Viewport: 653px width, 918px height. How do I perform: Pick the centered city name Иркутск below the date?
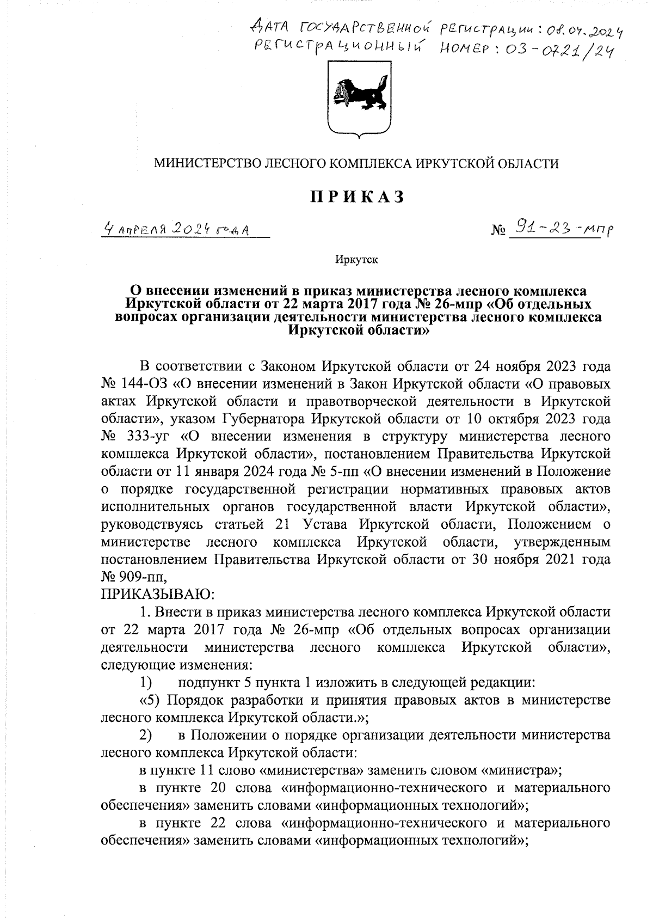(356, 260)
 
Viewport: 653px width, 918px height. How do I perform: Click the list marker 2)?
(146, 735)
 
